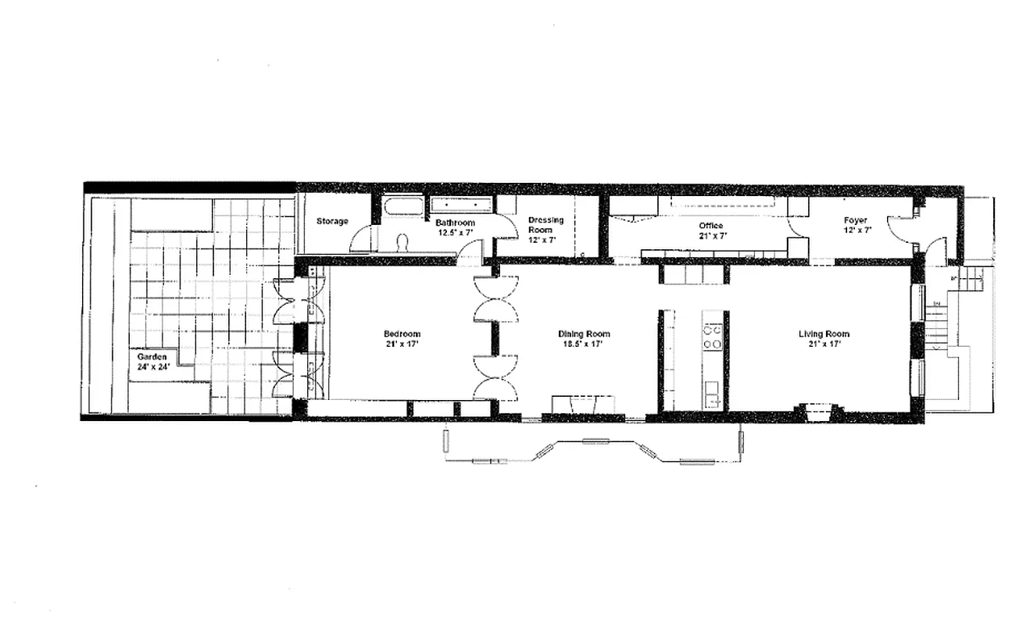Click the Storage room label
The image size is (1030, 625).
332,221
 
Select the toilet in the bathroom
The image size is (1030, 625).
402,243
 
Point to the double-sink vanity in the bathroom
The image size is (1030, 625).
462,205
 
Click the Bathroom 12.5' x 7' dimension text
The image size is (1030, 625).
455,232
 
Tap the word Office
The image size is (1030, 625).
710,226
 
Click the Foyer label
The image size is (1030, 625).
856,220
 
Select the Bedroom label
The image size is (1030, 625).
402,334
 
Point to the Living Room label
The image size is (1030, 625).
824,334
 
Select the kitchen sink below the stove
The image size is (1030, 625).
712,391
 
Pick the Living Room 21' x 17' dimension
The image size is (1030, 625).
824,344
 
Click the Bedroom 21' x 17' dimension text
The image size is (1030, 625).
402,344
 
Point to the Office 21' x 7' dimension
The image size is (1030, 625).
710,235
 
